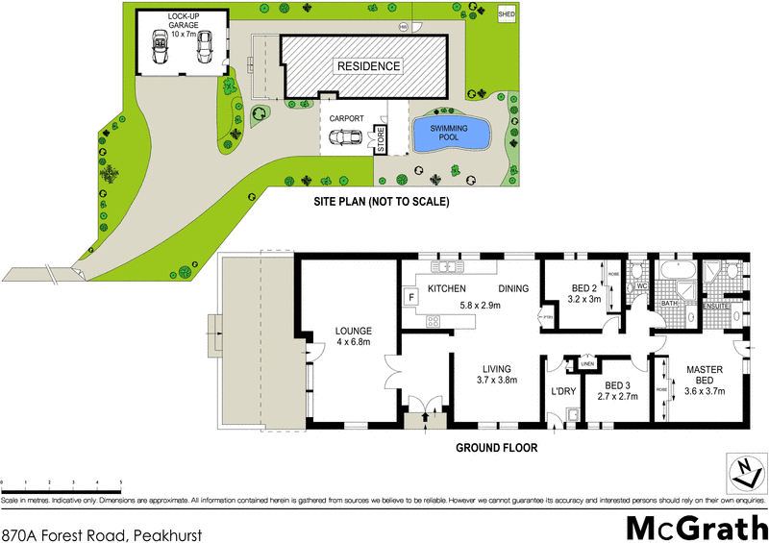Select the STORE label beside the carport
tap(380, 141)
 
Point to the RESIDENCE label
tap(368, 66)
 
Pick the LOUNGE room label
tap(353, 332)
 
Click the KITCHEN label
tap(446, 288)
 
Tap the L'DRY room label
tap(561, 393)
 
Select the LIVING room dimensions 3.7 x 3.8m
tap(497, 381)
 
